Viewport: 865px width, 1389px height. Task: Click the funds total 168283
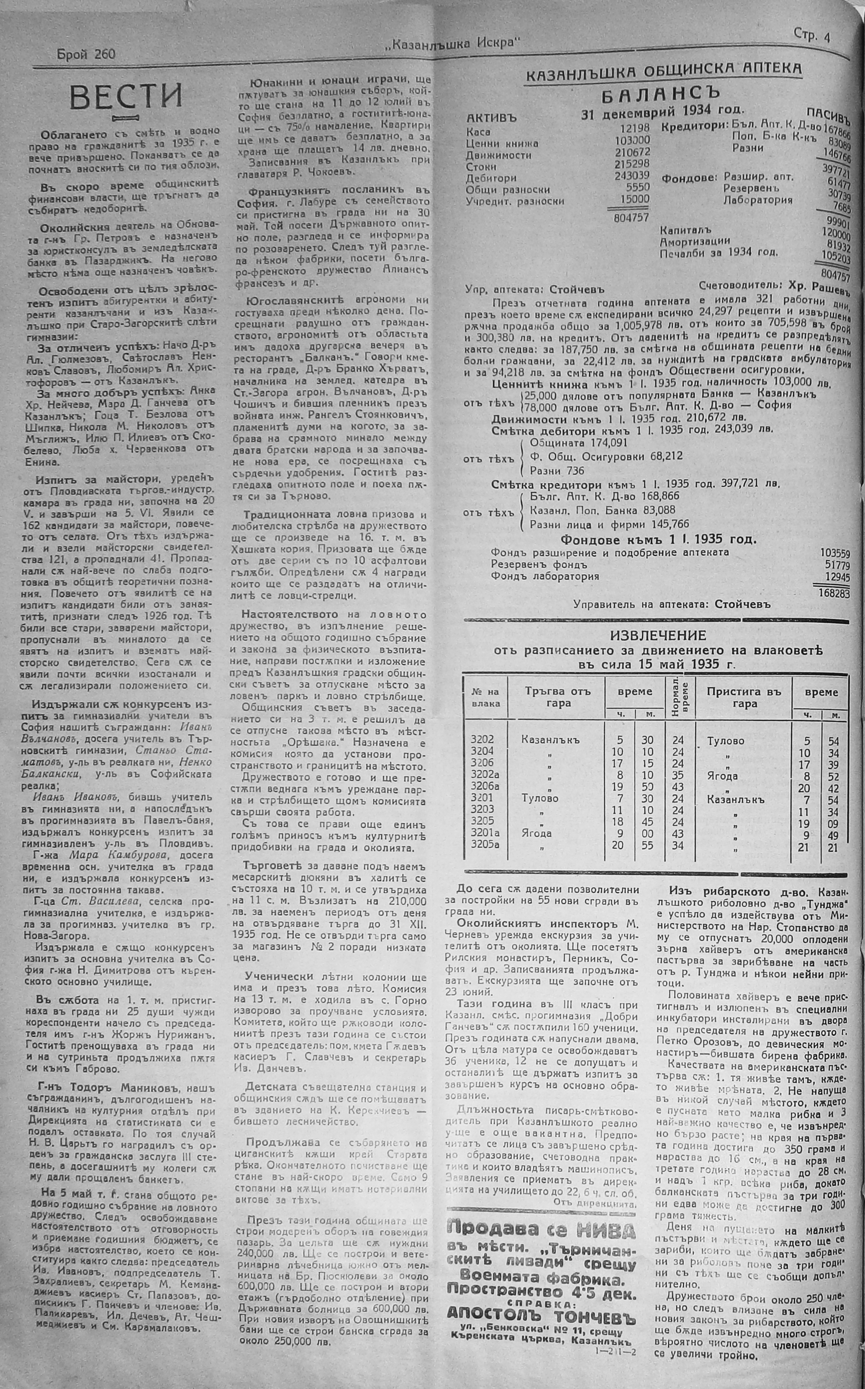(x=834, y=593)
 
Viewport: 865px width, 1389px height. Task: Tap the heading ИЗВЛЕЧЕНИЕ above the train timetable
(x=658, y=635)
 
